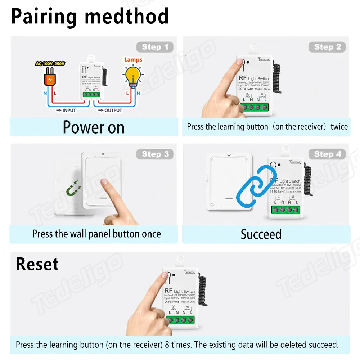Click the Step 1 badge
coord(155,47)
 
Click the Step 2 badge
coord(327,47)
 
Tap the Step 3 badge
coord(155,154)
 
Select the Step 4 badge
coord(327,154)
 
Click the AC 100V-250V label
coord(50,64)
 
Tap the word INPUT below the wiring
coord(69,111)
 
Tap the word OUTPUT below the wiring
coord(113,111)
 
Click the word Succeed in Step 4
coord(261,234)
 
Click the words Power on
coord(94,127)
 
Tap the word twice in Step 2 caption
coord(339,127)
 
